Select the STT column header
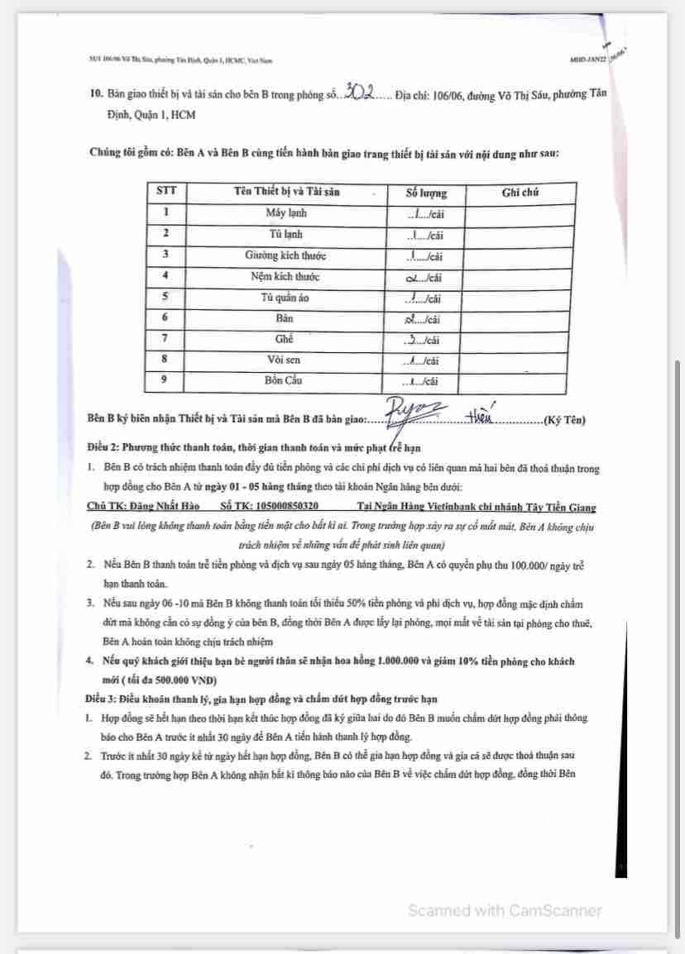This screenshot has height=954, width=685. (166, 192)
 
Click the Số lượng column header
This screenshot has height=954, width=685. (427, 193)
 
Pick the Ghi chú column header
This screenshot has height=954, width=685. (520, 192)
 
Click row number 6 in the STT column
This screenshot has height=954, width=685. (165, 318)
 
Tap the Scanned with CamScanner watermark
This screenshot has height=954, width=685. (505, 910)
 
